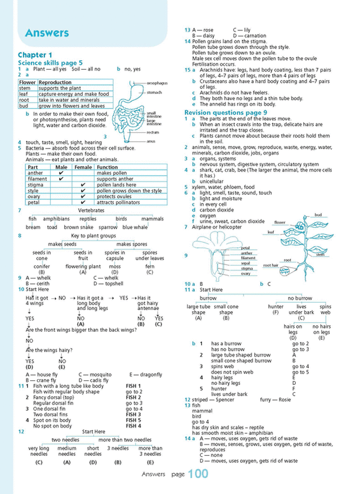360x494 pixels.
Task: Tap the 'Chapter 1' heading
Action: click(x=36, y=54)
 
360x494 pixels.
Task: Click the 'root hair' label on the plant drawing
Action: click(x=271, y=265)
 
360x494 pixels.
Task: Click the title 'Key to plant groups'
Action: click(x=94, y=236)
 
